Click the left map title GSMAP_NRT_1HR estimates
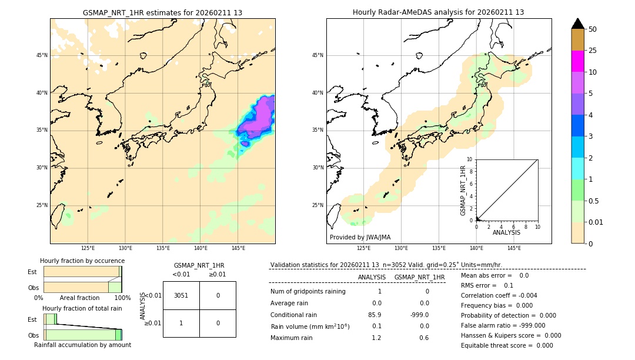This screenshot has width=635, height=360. coord(162,12)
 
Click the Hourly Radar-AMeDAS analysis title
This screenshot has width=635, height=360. coord(438,12)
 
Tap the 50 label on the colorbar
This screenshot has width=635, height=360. coord(593,29)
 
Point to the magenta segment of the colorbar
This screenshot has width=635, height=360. coord(577,61)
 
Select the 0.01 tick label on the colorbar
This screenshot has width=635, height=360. coord(596,222)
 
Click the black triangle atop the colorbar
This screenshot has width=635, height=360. coord(577,24)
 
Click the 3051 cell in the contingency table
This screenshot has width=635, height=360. coord(181,295)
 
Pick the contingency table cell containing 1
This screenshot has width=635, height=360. coord(181,323)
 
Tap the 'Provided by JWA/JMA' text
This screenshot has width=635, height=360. coord(360,237)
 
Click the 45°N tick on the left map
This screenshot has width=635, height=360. coord(42,55)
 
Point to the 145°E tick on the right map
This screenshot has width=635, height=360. coord(514,248)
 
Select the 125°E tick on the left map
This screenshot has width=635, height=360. coord(88,248)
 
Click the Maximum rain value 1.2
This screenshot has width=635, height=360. coord(376,338)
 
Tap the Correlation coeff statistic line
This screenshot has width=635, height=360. coord(499,295)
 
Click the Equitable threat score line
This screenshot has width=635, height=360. coord(507,345)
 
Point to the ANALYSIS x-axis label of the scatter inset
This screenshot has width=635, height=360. coord(506,232)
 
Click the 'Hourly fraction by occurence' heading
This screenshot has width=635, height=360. coord(82,261)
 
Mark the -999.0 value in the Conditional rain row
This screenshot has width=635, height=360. coord(420,315)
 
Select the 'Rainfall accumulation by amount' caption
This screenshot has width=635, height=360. coord(82,345)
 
